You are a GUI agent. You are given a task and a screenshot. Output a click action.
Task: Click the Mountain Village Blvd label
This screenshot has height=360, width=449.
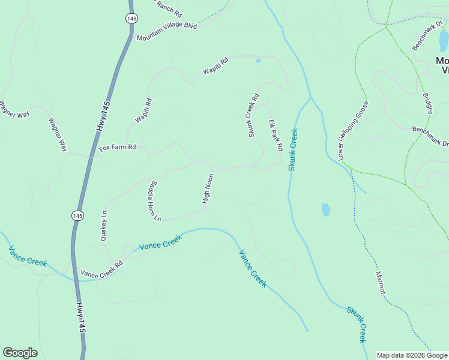167,32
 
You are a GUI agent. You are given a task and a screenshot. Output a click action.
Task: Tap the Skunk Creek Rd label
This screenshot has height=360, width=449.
253,115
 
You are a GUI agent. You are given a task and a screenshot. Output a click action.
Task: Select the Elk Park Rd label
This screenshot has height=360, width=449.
276,135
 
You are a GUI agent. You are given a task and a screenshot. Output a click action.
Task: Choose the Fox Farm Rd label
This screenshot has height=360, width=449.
118,147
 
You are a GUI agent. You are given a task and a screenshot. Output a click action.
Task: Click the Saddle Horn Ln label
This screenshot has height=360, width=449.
152,200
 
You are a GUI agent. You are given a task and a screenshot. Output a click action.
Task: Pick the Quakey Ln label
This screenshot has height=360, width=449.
105,225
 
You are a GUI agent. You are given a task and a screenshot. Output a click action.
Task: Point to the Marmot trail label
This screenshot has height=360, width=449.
381,282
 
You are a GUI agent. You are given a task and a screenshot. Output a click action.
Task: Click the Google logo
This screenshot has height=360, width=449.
20,353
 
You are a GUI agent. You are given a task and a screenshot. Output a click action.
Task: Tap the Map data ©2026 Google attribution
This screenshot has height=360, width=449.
412,355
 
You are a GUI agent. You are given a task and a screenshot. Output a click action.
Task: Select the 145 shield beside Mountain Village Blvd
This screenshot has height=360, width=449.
131,18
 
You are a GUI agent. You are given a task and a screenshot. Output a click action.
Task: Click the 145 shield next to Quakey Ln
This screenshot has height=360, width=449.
77,215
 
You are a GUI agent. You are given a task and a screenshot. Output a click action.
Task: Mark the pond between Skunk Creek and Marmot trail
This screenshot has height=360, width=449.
326,209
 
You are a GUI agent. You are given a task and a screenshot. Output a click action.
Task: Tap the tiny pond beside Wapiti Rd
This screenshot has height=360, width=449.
258,61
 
